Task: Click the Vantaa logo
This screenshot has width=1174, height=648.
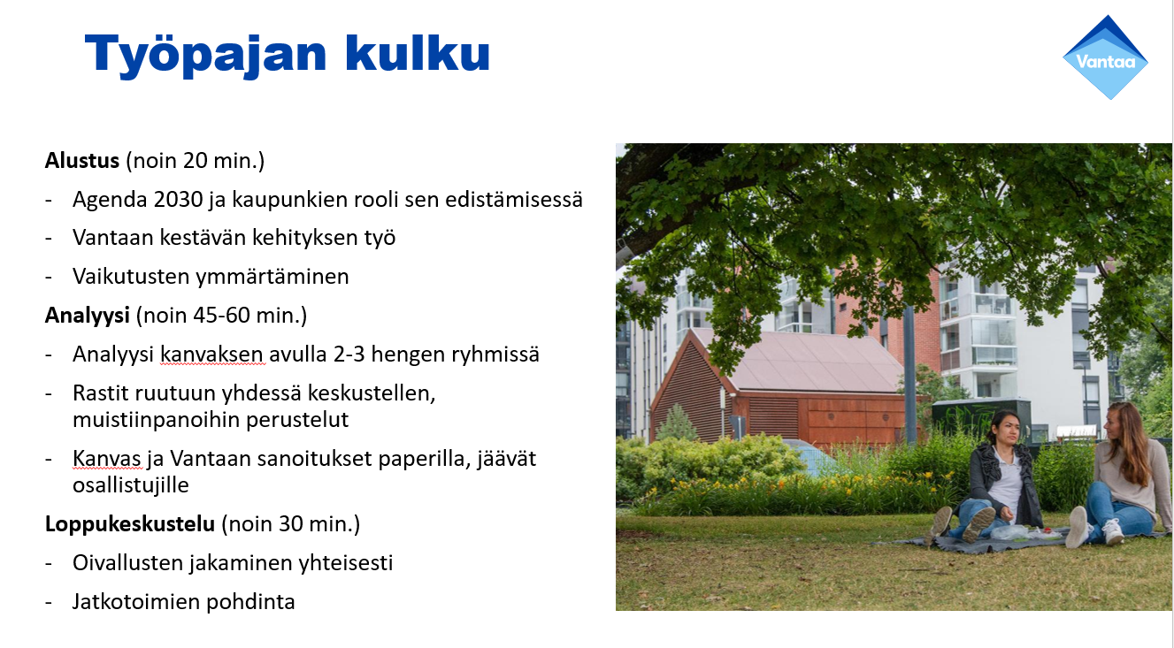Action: tap(1105, 57)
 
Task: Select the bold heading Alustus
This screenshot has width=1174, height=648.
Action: tap(82, 161)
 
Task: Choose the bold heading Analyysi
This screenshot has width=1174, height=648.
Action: tap(86, 316)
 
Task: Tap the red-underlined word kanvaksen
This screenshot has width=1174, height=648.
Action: tap(212, 354)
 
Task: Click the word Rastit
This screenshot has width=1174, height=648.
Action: tap(96, 393)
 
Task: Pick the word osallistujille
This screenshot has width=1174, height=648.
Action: tap(131, 485)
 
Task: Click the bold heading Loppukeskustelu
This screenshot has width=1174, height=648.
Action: tap(130, 524)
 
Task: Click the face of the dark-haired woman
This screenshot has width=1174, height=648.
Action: tap(995, 430)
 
